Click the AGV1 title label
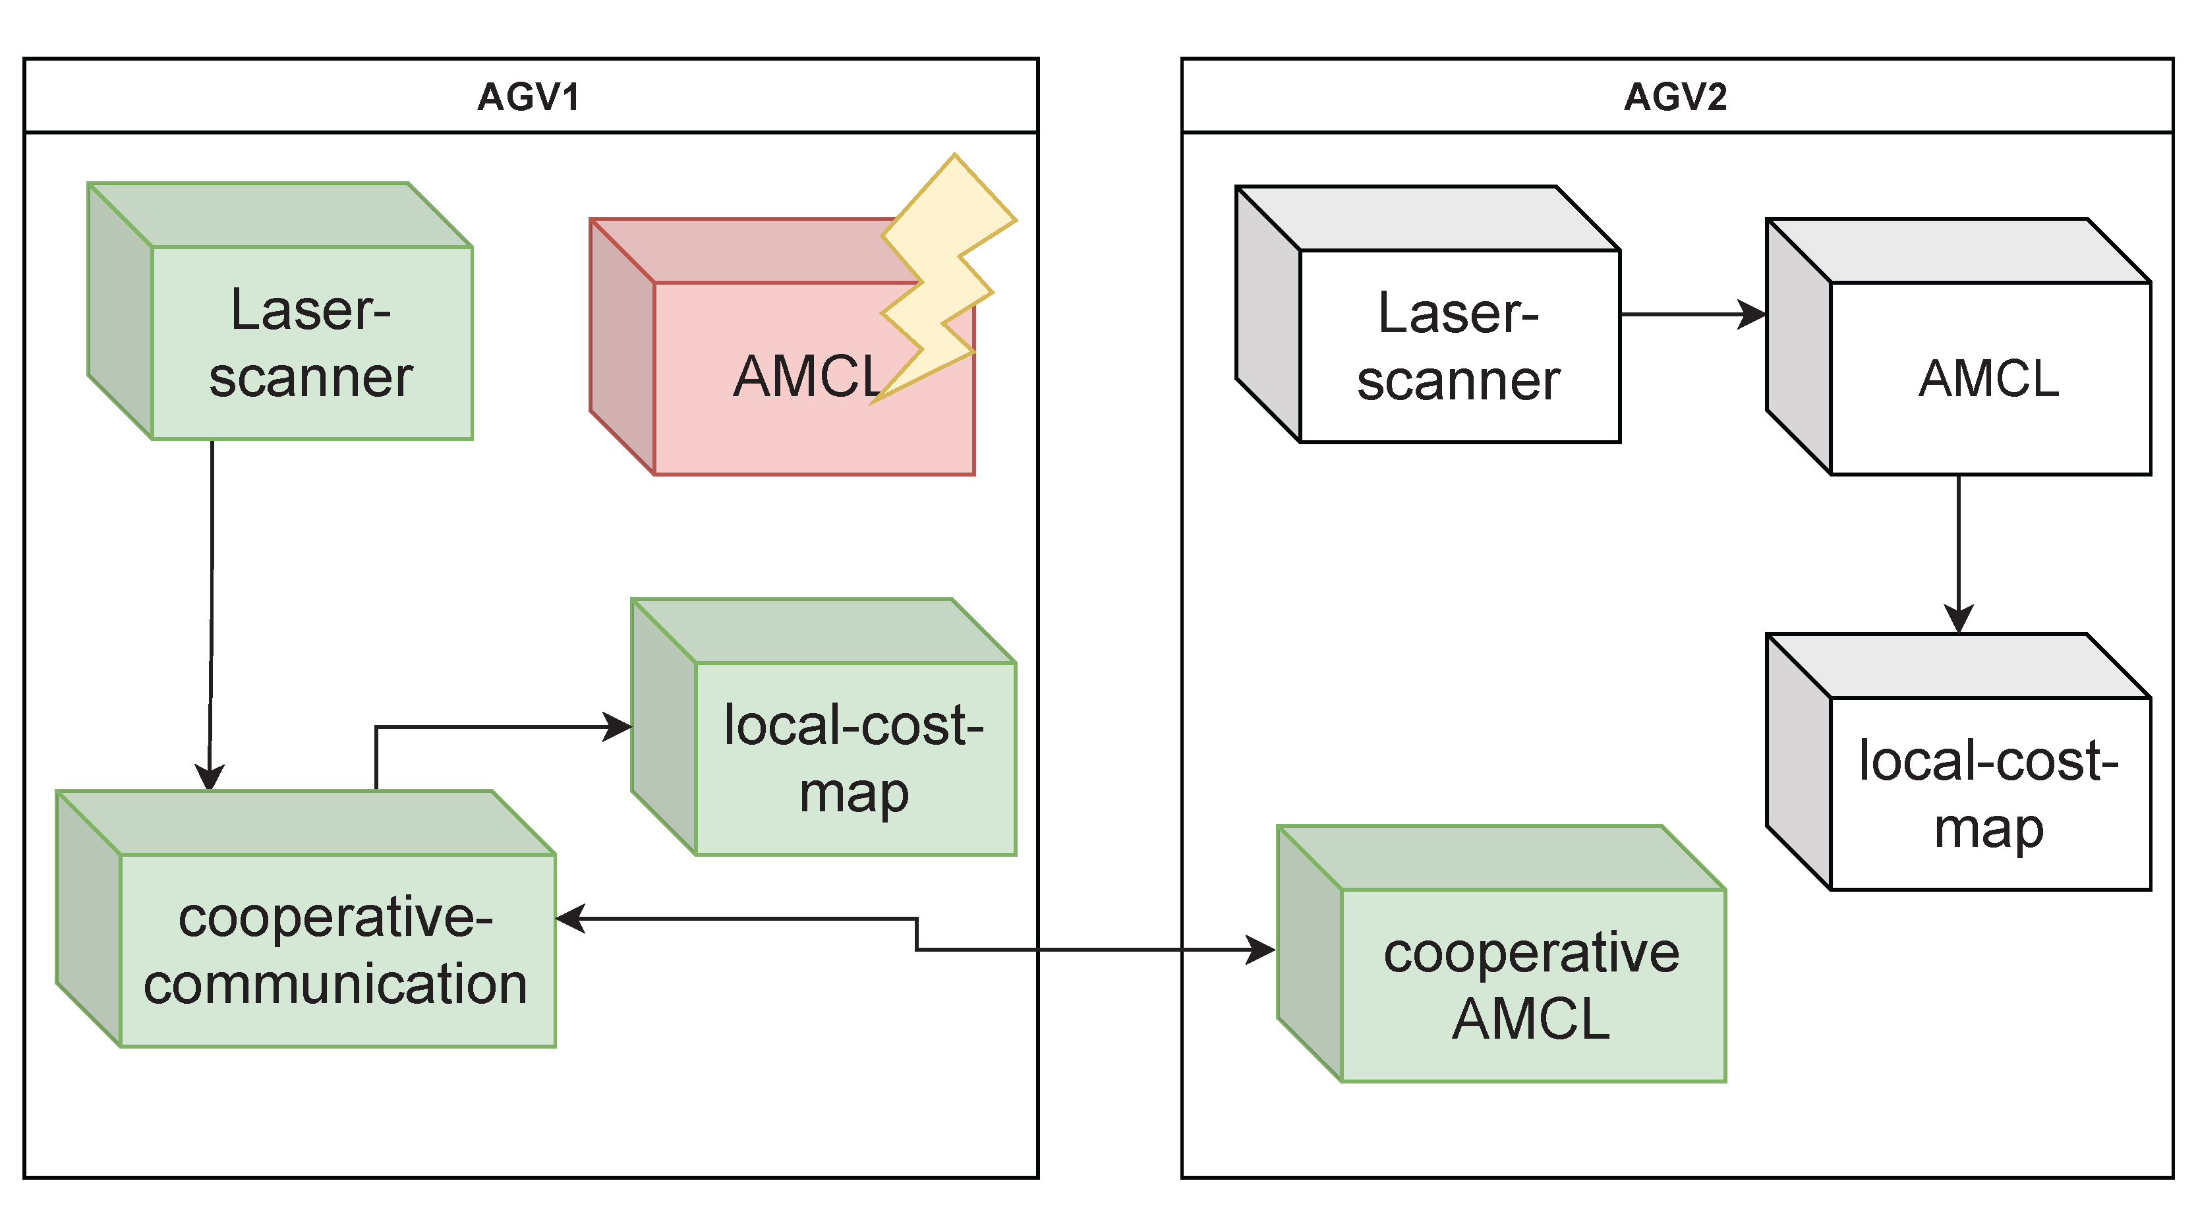(529, 96)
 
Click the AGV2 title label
(1675, 96)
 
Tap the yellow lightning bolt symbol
(946, 273)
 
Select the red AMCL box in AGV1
(767, 409)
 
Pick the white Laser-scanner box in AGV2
(1459, 346)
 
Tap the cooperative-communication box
(336, 950)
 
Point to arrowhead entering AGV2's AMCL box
(1752, 314)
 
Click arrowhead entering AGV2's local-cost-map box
(1959, 618)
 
